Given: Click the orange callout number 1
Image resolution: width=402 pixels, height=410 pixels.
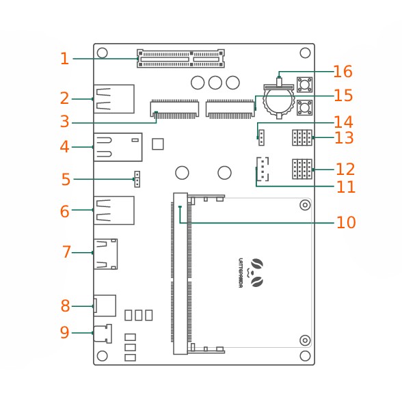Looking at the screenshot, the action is pyautogui.click(x=64, y=59).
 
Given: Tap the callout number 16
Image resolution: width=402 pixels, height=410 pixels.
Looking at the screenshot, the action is pyautogui.click(x=343, y=71).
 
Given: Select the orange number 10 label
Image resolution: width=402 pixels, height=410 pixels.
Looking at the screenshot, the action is pyautogui.click(x=346, y=223).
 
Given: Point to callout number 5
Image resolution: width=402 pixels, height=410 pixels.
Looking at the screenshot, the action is pyautogui.click(x=66, y=179).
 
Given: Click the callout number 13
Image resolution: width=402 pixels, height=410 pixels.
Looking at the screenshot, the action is pyautogui.click(x=344, y=138).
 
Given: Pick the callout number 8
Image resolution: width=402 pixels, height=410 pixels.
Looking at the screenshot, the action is pyautogui.click(x=66, y=305).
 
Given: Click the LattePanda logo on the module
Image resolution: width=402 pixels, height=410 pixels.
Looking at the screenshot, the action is pyautogui.click(x=252, y=273).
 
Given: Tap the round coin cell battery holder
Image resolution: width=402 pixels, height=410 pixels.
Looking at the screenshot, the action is pyautogui.click(x=279, y=101).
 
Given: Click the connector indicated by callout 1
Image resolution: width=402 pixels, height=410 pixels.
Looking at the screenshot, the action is pyautogui.click(x=180, y=59).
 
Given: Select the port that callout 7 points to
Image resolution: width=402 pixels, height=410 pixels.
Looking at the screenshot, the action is pyautogui.click(x=106, y=254).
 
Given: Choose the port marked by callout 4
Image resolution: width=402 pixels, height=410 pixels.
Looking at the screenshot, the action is pyautogui.click(x=118, y=147).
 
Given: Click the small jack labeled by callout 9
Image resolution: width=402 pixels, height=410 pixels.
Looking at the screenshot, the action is pyautogui.click(x=103, y=333).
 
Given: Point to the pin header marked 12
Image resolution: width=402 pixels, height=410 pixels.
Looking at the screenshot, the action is pyautogui.click(x=302, y=169).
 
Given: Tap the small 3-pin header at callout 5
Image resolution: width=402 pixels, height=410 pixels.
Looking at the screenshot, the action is pyautogui.click(x=137, y=179).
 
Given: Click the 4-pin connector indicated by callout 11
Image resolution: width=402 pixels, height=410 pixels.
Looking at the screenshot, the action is pyautogui.click(x=263, y=169).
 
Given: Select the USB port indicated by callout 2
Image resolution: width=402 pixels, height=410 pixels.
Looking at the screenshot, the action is pyautogui.click(x=114, y=99).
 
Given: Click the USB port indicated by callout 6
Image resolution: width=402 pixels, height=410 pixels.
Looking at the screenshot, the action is pyautogui.click(x=114, y=210).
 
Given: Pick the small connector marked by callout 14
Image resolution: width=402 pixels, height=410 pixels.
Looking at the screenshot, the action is pyautogui.click(x=261, y=137).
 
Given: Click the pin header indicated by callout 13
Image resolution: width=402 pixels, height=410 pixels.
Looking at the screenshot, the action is pyautogui.click(x=302, y=137).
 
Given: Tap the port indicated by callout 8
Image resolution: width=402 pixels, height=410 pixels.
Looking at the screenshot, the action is pyautogui.click(x=105, y=305).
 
